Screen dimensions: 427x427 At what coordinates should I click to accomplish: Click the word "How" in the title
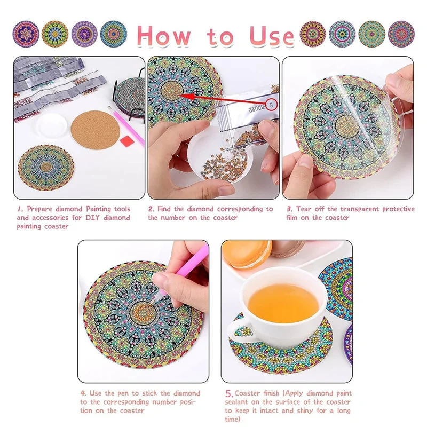click(x=164, y=36)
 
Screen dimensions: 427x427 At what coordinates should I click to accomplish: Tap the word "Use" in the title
click(x=272, y=36)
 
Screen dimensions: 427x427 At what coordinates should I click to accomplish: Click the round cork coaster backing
click(x=96, y=130)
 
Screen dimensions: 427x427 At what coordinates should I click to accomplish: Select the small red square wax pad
click(x=127, y=141)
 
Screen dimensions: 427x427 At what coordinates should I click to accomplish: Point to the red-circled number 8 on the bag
click(x=271, y=105)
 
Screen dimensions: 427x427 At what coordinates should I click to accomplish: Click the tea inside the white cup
click(x=283, y=303)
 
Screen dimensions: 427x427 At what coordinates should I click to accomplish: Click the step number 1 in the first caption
click(x=20, y=209)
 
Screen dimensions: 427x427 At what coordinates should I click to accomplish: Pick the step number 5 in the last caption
click(x=229, y=393)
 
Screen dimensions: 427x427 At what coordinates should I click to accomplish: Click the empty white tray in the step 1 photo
click(x=52, y=126)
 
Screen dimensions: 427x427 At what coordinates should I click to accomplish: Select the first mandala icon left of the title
click(x=26, y=34)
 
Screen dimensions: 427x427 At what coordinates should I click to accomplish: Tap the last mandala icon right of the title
click(x=401, y=34)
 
